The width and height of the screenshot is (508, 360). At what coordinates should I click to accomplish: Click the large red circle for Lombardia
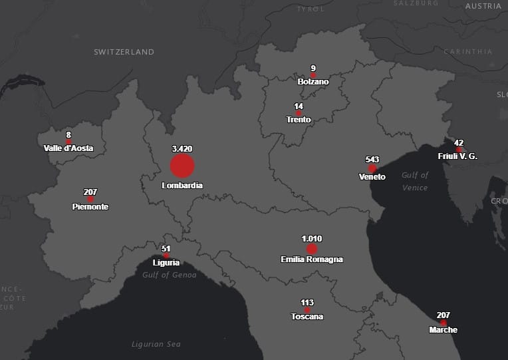[182, 166]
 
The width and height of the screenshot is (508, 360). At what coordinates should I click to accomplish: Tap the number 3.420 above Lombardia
[182, 149]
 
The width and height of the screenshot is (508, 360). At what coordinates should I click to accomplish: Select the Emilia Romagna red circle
[312, 249]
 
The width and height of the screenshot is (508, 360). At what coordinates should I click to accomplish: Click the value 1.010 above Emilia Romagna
[312, 238]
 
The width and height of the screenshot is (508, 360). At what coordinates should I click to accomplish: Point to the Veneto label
[372, 177]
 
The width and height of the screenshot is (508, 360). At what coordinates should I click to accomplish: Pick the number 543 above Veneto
[372, 160]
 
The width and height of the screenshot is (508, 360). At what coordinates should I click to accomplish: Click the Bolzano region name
[313, 82]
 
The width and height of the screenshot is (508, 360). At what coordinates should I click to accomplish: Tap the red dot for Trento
[299, 113]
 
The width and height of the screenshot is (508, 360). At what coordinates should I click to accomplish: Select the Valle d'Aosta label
[68, 148]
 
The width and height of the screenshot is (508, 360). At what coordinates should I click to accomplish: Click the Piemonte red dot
[90, 199]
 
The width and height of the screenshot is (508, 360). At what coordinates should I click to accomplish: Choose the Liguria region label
[166, 263]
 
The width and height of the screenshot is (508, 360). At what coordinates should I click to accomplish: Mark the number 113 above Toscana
[307, 303]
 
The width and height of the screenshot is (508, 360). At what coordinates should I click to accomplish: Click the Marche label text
[443, 330]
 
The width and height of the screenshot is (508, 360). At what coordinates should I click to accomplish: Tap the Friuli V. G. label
[457, 156]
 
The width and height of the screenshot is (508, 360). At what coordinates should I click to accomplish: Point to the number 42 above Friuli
[459, 142]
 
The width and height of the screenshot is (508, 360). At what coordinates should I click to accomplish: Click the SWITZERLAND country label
[124, 52]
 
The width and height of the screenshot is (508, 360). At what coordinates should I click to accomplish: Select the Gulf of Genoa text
[170, 275]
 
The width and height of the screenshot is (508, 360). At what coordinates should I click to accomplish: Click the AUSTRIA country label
[483, 6]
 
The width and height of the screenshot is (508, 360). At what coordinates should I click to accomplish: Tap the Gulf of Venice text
[416, 181]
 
